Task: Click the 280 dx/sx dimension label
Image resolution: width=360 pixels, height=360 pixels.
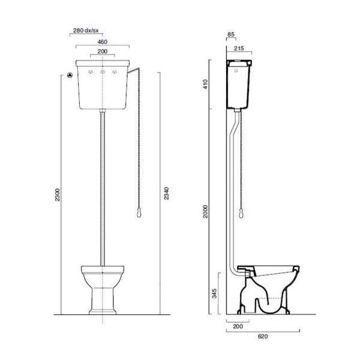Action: (x=86, y=31)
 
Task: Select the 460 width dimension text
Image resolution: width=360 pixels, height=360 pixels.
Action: (x=103, y=42)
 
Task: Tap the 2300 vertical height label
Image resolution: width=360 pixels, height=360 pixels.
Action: (x=58, y=194)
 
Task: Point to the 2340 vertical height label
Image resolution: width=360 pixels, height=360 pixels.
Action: (x=166, y=193)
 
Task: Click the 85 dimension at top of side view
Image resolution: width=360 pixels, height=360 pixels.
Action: (x=231, y=34)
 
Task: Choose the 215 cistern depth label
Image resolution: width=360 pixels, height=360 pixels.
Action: (x=239, y=48)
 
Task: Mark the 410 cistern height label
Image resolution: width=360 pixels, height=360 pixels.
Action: (x=205, y=84)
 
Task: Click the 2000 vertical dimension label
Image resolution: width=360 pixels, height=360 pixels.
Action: (x=205, y=211)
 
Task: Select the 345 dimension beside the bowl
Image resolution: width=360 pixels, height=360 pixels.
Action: (x=214, y=293)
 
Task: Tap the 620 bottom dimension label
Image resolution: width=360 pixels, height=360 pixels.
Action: (x=263, y=337)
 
